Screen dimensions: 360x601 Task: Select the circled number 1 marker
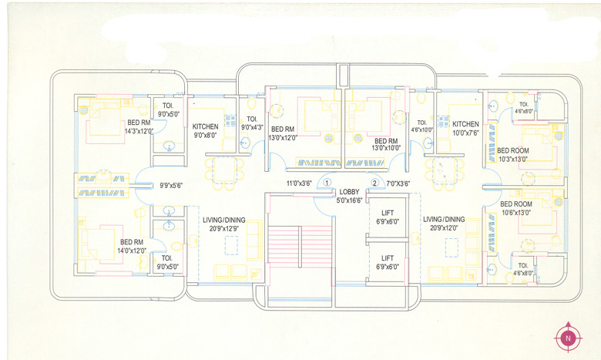coord(327,183)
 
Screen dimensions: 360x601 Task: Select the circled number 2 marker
coord(375,183)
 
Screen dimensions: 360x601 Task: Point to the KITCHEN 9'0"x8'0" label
coord(205,130)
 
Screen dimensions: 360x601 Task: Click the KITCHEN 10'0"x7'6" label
coord(465,128)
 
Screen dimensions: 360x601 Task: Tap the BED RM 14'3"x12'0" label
coord(139,127)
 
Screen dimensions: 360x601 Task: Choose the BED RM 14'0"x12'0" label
coord(132,246)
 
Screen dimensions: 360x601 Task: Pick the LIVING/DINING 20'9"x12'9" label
coord(223,224)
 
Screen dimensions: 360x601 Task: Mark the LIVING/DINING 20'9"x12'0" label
coord(444,224)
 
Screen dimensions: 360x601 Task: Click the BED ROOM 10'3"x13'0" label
coord(512,154)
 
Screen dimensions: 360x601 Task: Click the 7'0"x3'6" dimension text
coord(398,183)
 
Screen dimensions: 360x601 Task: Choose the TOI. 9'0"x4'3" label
coord(252,123)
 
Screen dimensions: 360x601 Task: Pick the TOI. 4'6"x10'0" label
coord(421,126)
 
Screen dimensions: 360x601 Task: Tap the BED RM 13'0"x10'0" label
coord(386,145)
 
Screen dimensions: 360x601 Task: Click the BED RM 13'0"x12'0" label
coord(283,133)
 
